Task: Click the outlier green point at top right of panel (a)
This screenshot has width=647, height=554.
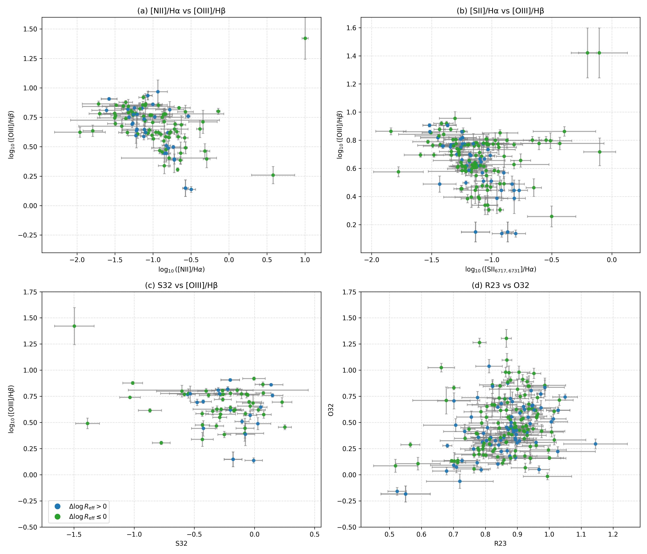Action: pyautogui.click(x=305, y=38)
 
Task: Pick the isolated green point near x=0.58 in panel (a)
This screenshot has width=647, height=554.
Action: pyautogui.click(x=273, y=175)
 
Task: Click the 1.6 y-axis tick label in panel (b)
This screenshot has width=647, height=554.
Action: pyautogui.click(x=352, y=28)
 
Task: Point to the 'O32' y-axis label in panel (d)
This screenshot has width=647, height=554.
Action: pyautogui.click(x=331, y=409)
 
